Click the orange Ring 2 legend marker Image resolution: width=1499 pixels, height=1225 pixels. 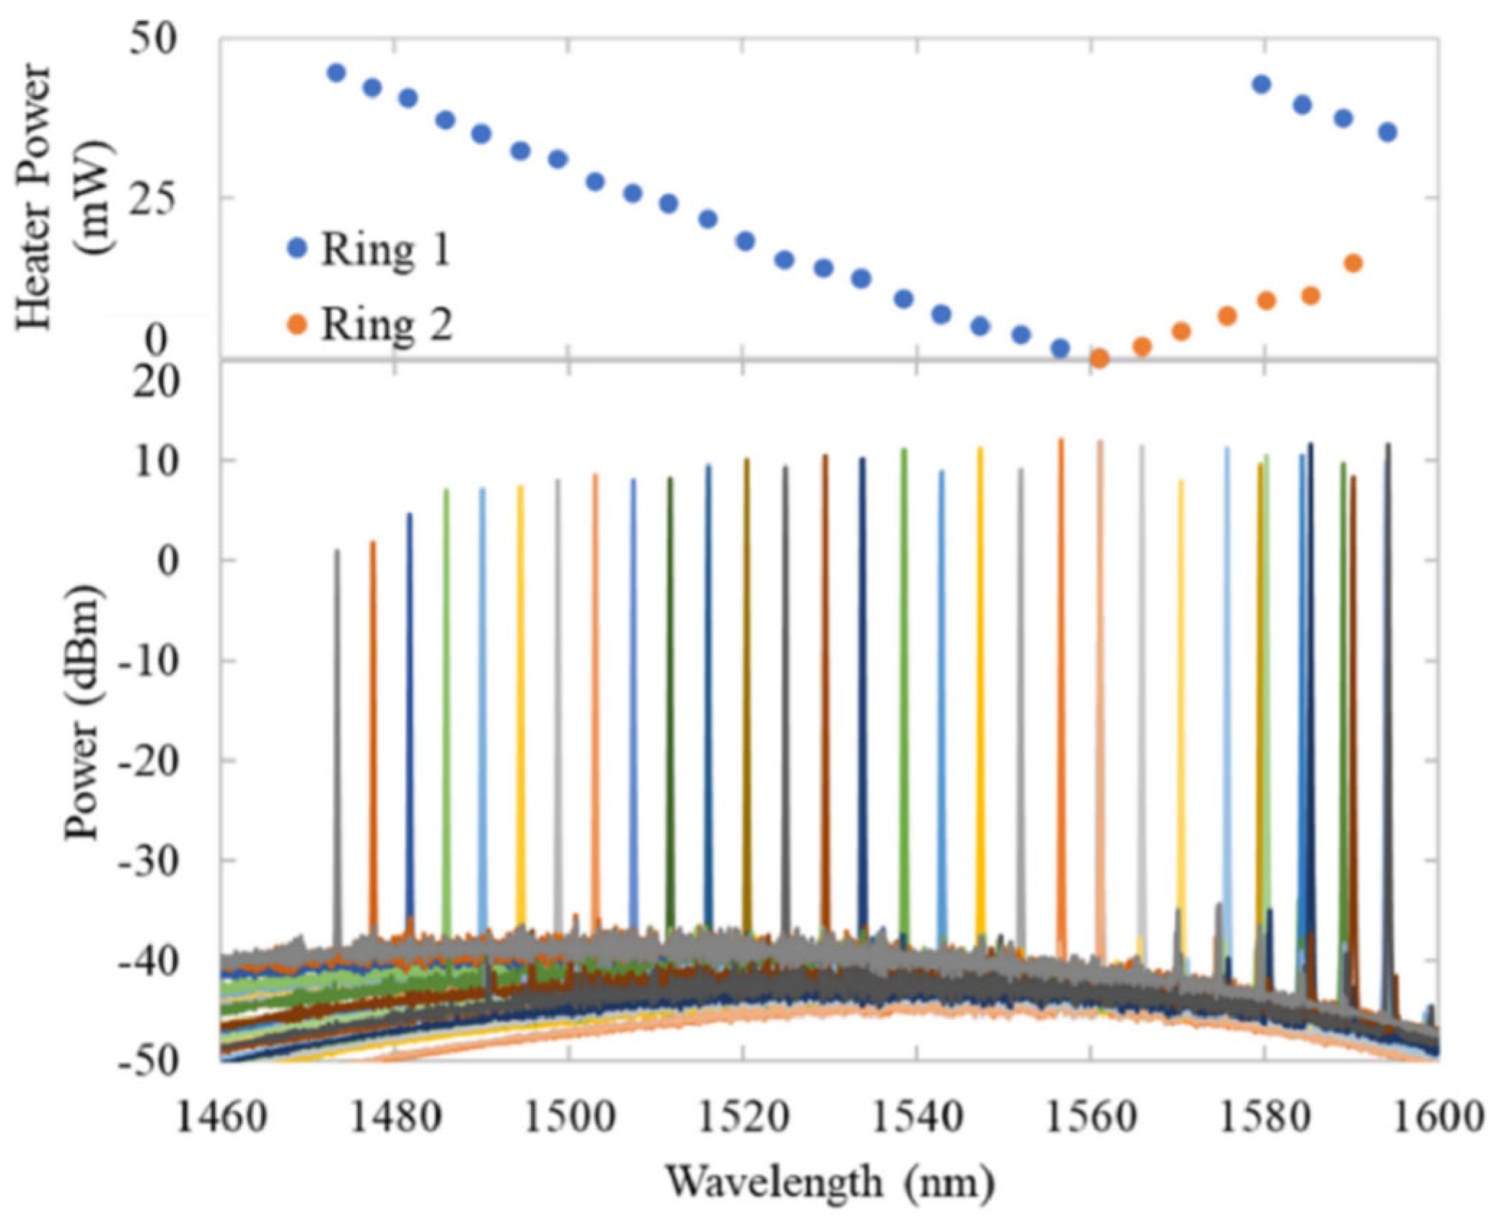[297, 325]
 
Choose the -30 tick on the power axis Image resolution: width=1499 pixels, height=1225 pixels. [148, 860]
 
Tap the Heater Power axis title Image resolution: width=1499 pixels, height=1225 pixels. [65, 195]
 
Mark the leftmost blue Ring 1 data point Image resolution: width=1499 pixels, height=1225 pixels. [336, 72]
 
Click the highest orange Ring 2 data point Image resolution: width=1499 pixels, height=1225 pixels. [1353, 263]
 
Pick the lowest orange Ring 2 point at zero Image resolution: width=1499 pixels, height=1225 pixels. [1099, 359]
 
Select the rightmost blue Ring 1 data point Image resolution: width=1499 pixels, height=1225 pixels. [1388, 132]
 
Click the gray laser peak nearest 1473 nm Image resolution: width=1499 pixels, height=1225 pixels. [337, 721]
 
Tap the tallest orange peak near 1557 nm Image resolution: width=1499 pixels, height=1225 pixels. [1061, 649]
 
